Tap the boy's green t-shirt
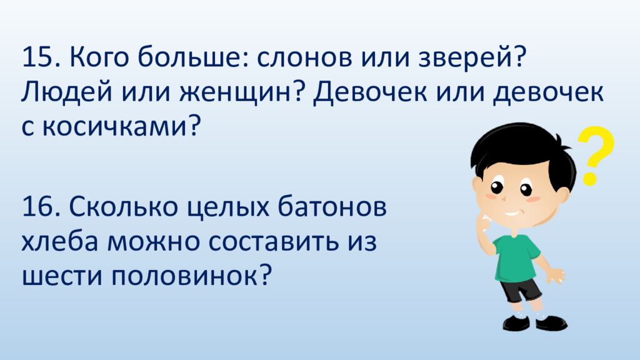coord(516,257)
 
